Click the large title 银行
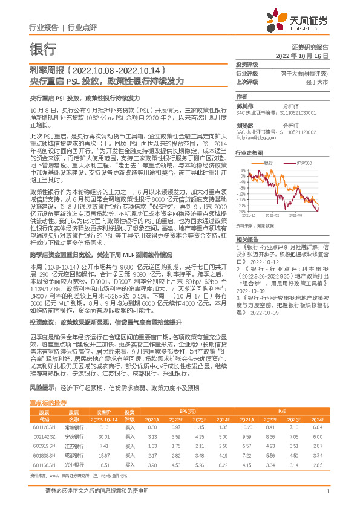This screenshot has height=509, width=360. (x=43, y=49)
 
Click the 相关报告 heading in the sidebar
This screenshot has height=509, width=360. (x=247, y=239)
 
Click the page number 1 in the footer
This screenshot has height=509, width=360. (x=327, y=491)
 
